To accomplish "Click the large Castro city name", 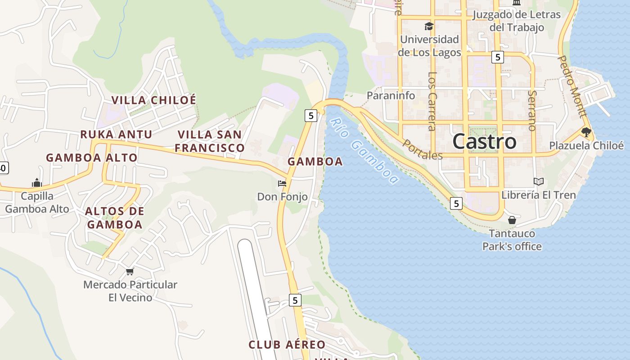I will tap(484, 141).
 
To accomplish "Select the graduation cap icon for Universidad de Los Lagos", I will tap(429, 27).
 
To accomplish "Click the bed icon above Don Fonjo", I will tap(282, 184).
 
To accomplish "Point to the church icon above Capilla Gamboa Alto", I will tap(37, 183).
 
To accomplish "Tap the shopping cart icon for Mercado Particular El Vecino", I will tap(130, 271).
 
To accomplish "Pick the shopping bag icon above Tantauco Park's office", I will tap(512, 220).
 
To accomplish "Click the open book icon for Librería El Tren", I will tap(538, 181).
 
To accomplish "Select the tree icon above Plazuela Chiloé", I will tap(586, 132).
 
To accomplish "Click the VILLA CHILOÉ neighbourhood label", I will tap(154, 100).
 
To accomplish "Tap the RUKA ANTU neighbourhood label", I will tap(116, 134).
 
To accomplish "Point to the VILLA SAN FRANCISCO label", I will tap(210, 141).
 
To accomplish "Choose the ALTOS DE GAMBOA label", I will tap(115, 217).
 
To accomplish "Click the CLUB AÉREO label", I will tap(287, 345).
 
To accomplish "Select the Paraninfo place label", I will tap(391, 95).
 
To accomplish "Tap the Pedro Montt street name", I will tap(572, 86).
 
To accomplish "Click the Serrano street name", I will tap(532, 111).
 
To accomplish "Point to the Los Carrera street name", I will tap(432, 101).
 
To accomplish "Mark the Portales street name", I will tap(423, 149).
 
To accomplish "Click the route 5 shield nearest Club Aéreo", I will tap(295, 300).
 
